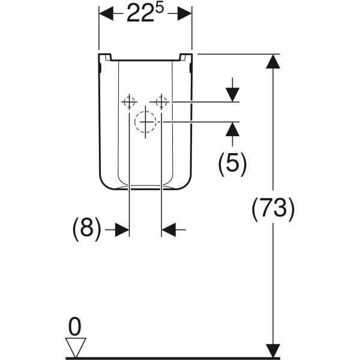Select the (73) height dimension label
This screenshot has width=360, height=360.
point(273,209)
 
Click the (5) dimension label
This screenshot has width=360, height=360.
point(232,164)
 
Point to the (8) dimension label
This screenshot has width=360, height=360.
point(87,229)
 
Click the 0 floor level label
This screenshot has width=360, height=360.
point(75,326)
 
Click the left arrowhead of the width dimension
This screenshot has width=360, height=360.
point(106,14)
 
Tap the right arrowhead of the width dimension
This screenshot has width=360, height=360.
point(185,14)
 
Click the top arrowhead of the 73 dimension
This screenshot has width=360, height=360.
point(273,61)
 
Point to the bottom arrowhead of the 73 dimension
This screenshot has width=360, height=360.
point(273,350)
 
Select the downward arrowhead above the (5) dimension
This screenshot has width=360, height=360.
point(232,95)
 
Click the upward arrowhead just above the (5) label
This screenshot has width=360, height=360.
point(232,129)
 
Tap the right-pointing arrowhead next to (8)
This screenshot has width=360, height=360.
point(122,230)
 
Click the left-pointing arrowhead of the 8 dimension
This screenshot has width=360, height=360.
point(169,230)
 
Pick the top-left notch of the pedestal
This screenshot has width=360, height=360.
point(108,57)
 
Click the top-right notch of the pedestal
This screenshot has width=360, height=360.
point(182,57)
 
